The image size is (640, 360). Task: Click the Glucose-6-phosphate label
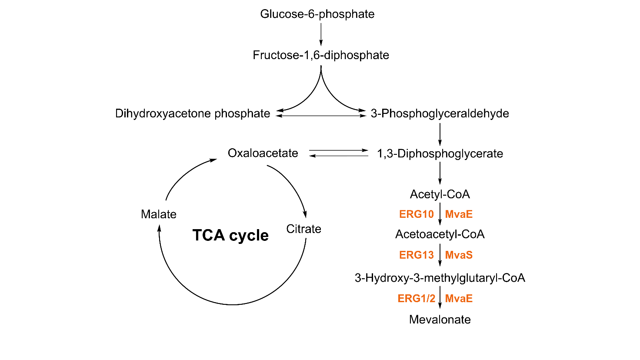click(x=317, y=14)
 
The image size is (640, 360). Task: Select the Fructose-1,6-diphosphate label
click(x=321, y=55)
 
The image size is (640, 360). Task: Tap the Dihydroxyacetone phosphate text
click(x=193, y=113)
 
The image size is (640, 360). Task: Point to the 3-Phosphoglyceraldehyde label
click(x=440, y=113)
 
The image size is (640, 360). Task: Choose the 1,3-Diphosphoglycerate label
click(x=440, y=153)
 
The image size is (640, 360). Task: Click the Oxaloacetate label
click(x=263, y=153)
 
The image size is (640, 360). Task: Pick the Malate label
click(x=159, y=214)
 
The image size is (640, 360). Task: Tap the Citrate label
click(x=303, y=229)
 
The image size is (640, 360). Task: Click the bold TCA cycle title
click(x=230, y=235)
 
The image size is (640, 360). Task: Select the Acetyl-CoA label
click(x=440, y=194)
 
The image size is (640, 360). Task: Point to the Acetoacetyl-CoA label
click(x=440, y=234)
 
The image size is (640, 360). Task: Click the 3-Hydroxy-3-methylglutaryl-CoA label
click(x=440, y=278)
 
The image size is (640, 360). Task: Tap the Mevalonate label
click(x=440, y=320)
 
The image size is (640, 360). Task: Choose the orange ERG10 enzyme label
click(x=416, y=214)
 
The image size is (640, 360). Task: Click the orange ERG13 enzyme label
click(x=416, y=255)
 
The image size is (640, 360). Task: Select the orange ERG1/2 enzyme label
click(x=416, y=299)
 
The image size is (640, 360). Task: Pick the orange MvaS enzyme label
click(x=459, y=255)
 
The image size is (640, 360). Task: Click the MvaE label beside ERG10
click(x=459, y=214)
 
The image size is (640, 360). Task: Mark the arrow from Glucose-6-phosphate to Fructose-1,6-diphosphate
click(x=321, y=34)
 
